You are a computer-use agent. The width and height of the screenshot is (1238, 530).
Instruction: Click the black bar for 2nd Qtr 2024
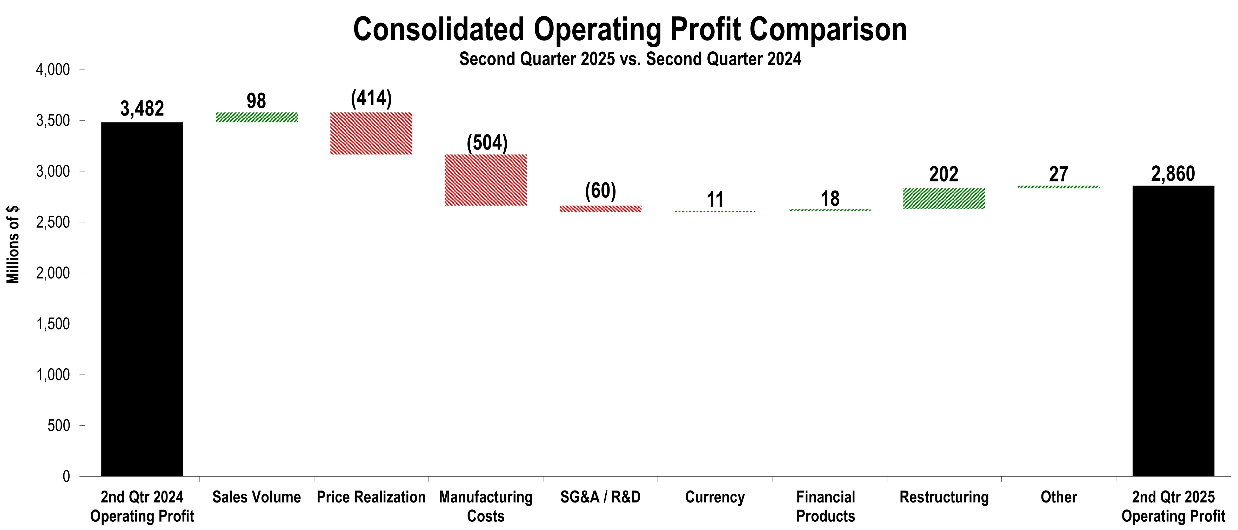142,298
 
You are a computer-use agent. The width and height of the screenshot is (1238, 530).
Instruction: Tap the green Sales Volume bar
257,117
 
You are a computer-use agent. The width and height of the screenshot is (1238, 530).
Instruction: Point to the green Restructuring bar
944,199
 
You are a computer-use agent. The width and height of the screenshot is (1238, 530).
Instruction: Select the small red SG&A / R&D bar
600,208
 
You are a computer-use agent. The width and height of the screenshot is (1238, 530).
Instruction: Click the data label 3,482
142,108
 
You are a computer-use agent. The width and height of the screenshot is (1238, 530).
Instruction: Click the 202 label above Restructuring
944,174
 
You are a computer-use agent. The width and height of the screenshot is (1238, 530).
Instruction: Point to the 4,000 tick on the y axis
53,70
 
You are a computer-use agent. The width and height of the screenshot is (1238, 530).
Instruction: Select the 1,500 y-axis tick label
53,324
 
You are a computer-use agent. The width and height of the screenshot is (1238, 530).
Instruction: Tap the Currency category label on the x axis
715,497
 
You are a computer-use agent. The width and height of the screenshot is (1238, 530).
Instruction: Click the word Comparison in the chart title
828,30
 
